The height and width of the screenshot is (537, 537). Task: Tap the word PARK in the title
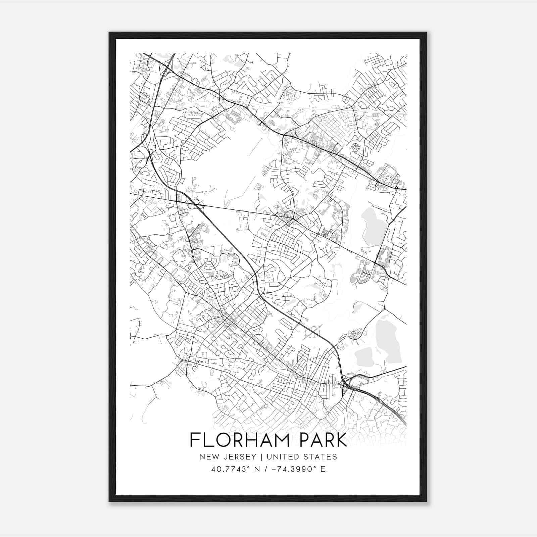pos(319,440)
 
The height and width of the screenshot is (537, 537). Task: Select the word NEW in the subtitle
pos(207,456)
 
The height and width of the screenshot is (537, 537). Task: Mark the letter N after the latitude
pos(257,469)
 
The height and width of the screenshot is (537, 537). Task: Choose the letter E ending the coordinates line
pos(323,469)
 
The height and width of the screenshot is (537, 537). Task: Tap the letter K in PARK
pos(341,440)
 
